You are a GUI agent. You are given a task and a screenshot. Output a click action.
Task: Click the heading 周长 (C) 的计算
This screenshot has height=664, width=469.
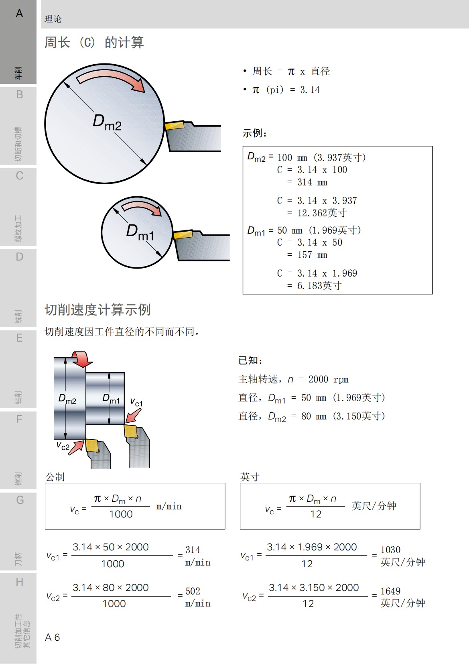[94, 42]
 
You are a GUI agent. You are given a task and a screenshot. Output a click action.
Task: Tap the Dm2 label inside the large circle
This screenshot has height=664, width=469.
[107, 122]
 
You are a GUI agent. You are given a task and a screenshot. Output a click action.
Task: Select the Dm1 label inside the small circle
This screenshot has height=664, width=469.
[140, 232]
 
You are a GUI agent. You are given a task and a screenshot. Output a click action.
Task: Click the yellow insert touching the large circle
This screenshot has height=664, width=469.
[174, 125]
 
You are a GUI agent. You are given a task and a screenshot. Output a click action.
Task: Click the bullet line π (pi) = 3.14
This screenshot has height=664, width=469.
[286, 90]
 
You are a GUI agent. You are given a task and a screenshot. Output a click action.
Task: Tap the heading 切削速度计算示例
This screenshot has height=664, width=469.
[97, 310]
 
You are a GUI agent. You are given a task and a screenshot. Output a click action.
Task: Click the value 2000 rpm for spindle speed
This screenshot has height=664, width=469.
[328, 379]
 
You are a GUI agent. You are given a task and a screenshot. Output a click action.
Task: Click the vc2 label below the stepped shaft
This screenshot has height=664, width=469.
[63, 446]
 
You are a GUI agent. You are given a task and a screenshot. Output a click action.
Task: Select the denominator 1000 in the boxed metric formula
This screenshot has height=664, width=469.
[121, 514]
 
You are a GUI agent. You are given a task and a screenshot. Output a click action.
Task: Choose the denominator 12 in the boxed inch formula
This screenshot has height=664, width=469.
[316, 514]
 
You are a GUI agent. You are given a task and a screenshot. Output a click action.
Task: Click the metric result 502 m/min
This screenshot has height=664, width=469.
[197, 597]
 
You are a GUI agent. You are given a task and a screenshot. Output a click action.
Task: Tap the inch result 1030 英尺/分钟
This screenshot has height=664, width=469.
[402, 556]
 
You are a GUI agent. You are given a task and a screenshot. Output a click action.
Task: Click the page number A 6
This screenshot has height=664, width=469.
[53, 637]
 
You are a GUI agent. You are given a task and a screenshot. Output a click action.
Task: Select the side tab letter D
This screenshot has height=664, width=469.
[19, 257]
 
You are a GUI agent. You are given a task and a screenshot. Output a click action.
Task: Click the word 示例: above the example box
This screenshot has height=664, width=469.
[255, 133]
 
